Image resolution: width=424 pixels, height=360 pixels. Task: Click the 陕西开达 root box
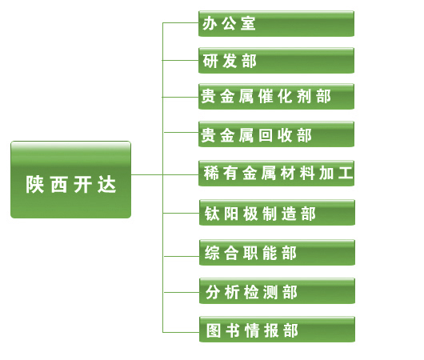(70, 179)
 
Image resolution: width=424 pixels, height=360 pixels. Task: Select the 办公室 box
(276, 23)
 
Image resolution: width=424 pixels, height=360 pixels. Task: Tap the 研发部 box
(276, 60)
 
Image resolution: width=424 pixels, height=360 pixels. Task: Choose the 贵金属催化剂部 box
(276, 96)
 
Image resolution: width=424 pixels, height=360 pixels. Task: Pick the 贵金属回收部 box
(276, 134)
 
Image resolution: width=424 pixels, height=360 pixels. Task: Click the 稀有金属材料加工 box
(276, 173)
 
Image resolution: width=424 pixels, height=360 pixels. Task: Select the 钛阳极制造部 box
(277, 212)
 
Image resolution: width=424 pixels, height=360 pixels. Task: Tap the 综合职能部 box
(277, 252)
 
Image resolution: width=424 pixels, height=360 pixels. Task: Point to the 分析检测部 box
(277, 291)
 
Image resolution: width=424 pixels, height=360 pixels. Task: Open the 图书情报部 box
(277, 330)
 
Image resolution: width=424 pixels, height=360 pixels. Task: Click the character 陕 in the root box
(34, 185)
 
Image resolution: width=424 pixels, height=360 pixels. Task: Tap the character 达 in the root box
(107, 185)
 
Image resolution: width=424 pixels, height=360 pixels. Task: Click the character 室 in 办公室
(248, 23)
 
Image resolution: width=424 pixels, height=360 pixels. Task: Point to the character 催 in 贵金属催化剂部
(266, 96)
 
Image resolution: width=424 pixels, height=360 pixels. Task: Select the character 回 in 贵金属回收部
(266, 135)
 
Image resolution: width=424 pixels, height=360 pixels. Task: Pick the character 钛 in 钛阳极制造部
(212, 214)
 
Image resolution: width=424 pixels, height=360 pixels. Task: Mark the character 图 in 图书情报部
(214, 330)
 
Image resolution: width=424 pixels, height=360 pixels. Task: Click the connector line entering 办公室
(181, 22)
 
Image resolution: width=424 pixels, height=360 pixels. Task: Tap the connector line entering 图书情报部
(181, 332)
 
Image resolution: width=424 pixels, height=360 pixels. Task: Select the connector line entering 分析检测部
(182, 292)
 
